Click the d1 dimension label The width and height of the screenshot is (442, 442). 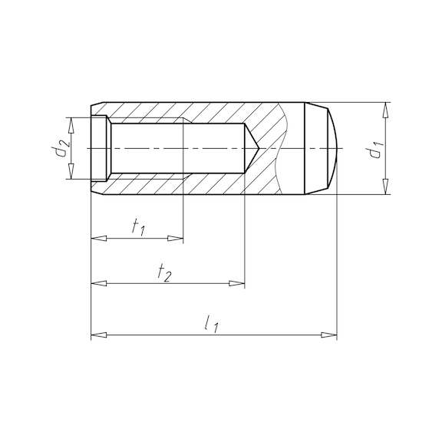click(x=375, y=149)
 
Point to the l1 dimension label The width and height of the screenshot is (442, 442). click(x=212, y=325)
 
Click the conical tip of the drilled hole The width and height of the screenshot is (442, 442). click(x=253, y=148)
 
